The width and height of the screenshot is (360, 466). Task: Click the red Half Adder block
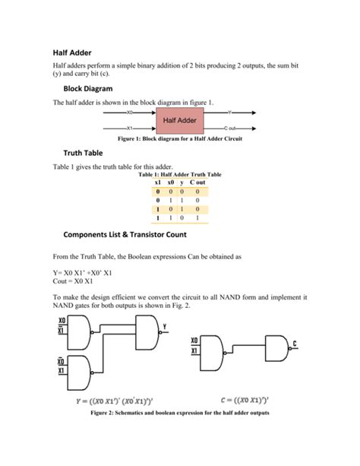[x=176, y=122]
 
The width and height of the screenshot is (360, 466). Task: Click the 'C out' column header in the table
[x=197, y=183]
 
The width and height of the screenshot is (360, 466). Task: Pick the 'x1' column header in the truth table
[x=158, y=183]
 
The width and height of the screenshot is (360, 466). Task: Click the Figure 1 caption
[x=180, y=139]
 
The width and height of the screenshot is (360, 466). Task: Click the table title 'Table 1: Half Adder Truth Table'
[x=180, y=175]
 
